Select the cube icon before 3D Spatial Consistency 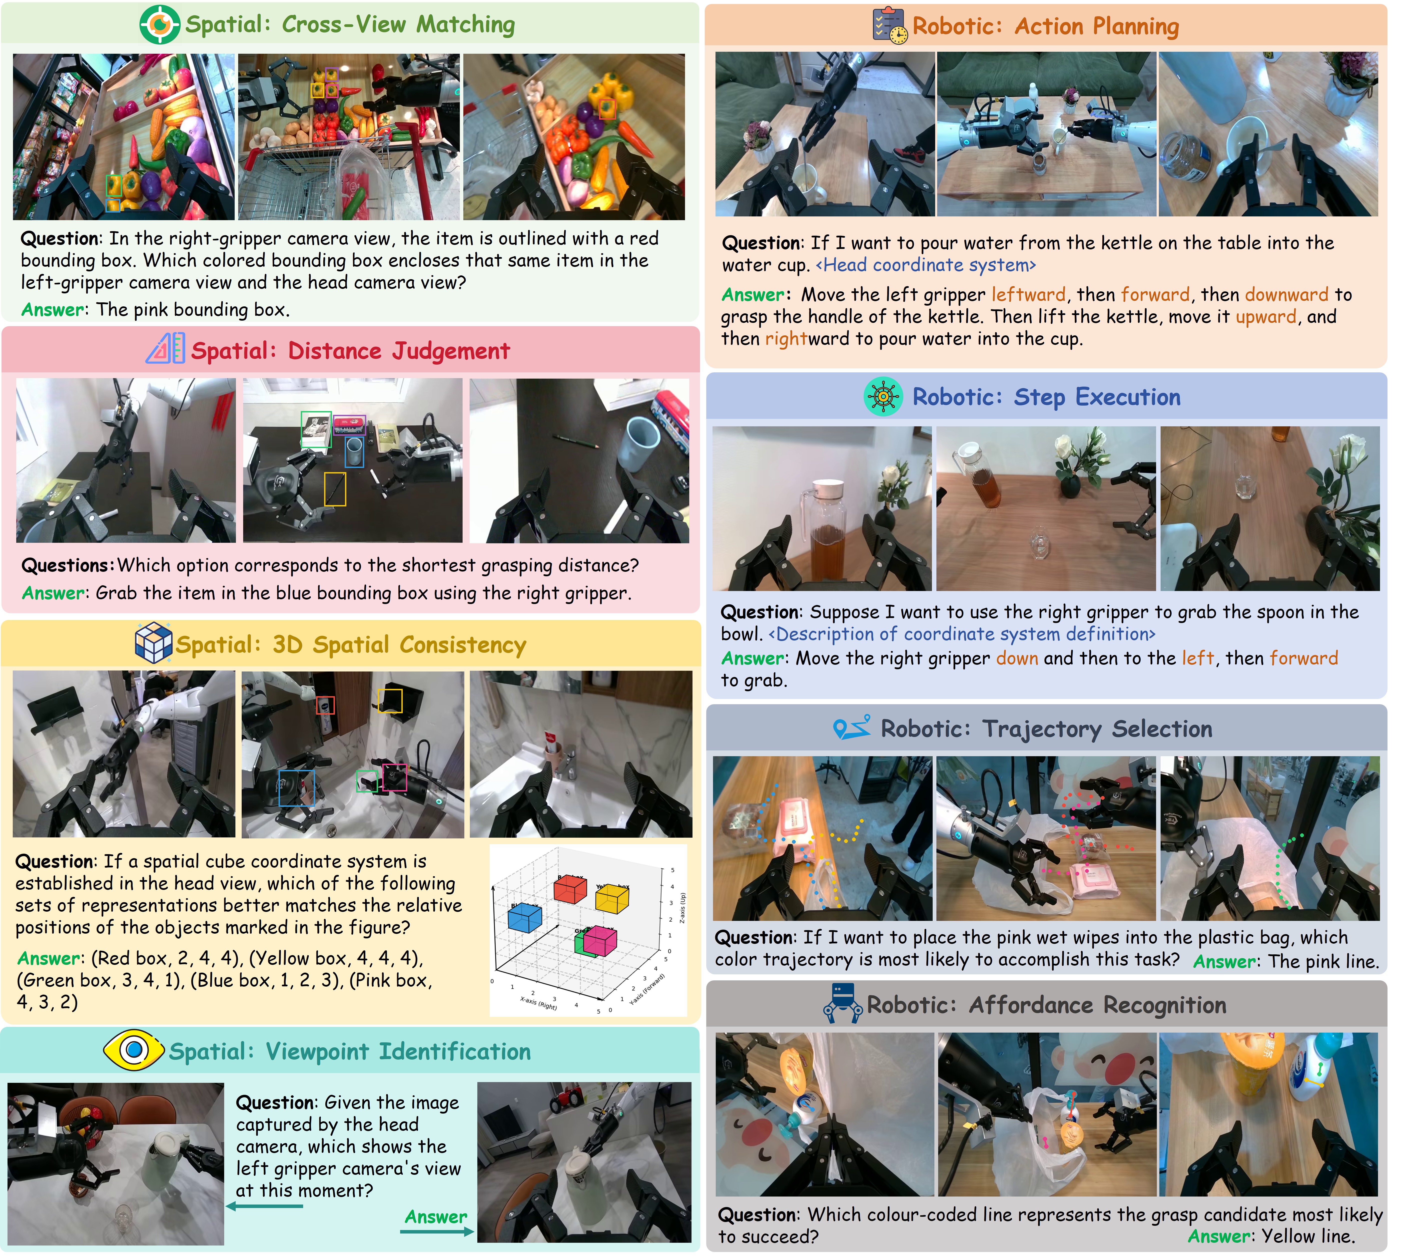point(153,642)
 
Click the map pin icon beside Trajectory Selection point(851,728)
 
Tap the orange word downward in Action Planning point(1286,295)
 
